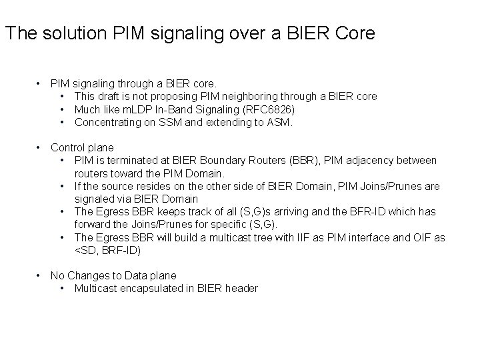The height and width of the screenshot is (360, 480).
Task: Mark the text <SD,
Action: click(x=87, y=250)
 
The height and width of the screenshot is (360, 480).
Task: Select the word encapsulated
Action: click(x=157, y=289)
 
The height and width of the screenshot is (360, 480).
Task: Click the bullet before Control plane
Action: click(x=39, y=147)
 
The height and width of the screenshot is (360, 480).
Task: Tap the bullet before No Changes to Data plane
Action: click(x=39, y=275)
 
